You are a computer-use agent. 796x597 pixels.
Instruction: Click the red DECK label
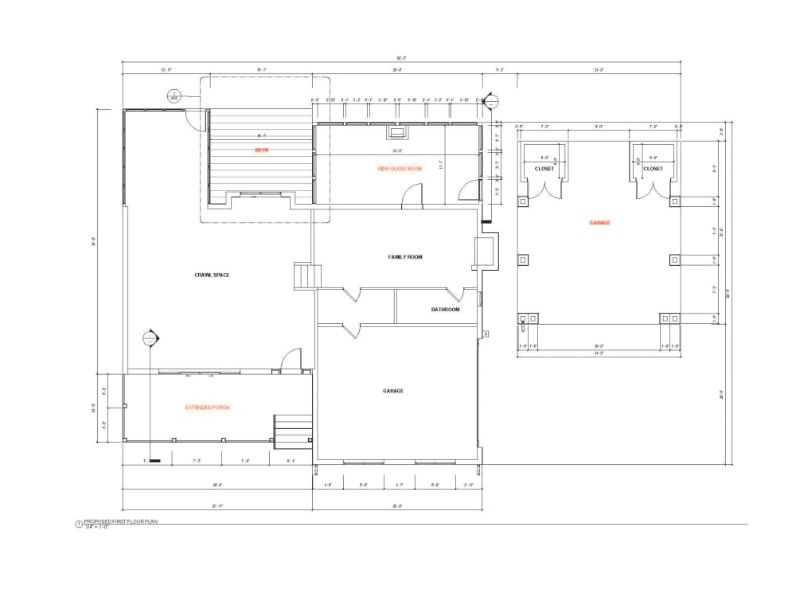point(260,150)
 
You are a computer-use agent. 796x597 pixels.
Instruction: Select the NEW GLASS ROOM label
point(400,169)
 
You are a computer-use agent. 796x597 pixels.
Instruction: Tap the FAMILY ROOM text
point(404,257)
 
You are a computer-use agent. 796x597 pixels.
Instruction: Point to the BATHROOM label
point(445,310)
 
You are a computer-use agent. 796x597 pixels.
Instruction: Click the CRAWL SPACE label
point(212,275)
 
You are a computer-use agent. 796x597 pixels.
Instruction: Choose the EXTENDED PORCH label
point(208,408)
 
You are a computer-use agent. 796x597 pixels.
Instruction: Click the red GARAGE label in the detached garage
point(599,223)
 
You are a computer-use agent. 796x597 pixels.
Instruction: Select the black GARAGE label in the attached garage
point(393,391)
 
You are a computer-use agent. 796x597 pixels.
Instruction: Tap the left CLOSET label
point(544,169)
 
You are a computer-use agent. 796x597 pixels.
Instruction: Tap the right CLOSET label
point(653,169)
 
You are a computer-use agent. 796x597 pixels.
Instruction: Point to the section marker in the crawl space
point(148,338)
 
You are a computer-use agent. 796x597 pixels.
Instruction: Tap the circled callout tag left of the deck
point(174,96)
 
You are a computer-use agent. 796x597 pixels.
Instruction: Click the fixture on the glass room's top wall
point(396,132)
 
